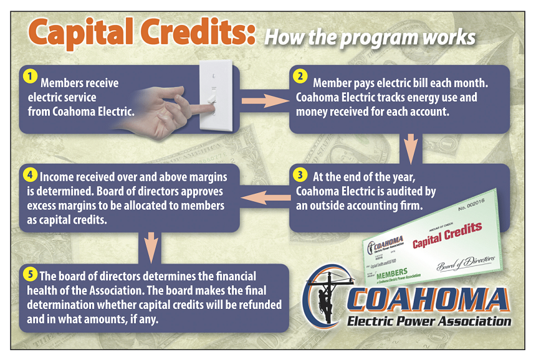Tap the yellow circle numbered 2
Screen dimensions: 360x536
(x=300, y=77)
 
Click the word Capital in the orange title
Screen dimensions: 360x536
(x=85, y=33)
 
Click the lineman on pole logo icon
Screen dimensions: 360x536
(x=323, y=298)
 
